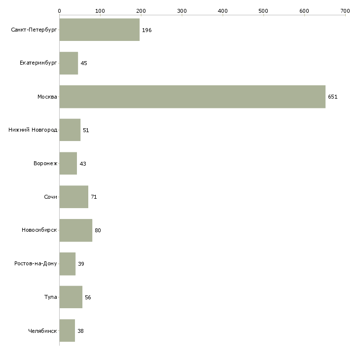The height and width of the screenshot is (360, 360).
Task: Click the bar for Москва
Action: [x=192, y=97]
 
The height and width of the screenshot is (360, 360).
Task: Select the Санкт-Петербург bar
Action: [x=100, y=30]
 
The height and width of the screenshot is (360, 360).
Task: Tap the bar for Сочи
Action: [x=74, y=197]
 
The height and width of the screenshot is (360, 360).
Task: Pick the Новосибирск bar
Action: [x=76, y=230]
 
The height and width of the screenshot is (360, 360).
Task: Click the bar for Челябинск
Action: [x=67, y=330]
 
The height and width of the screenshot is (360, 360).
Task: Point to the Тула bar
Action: [x=71, y=297]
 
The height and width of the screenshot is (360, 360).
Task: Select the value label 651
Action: [x=333, y=97]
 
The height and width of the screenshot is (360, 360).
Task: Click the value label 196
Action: [x=146, y=30]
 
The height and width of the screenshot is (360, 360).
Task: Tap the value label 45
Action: [x=84, y=63]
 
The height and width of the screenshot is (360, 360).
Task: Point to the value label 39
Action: [x=81, y=264]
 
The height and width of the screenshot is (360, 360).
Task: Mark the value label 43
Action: [x=83, y=164]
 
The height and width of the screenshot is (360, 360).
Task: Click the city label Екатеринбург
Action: [x=38, y=63]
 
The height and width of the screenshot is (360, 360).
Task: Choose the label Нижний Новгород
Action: [x=33, y=130]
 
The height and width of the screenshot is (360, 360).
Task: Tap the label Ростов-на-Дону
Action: [x=36, y=263]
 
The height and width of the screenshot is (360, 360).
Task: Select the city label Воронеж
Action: [x=45, y=163]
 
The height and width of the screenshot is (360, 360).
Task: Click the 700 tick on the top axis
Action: [x=345, y=11]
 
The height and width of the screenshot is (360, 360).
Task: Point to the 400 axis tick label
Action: [x=223, y=11]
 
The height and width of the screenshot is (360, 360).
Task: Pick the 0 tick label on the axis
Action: [x=60, y=11]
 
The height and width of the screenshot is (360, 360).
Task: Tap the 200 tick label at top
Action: [x=141, y=11]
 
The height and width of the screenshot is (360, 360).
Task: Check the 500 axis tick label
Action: [x=263, y=11]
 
